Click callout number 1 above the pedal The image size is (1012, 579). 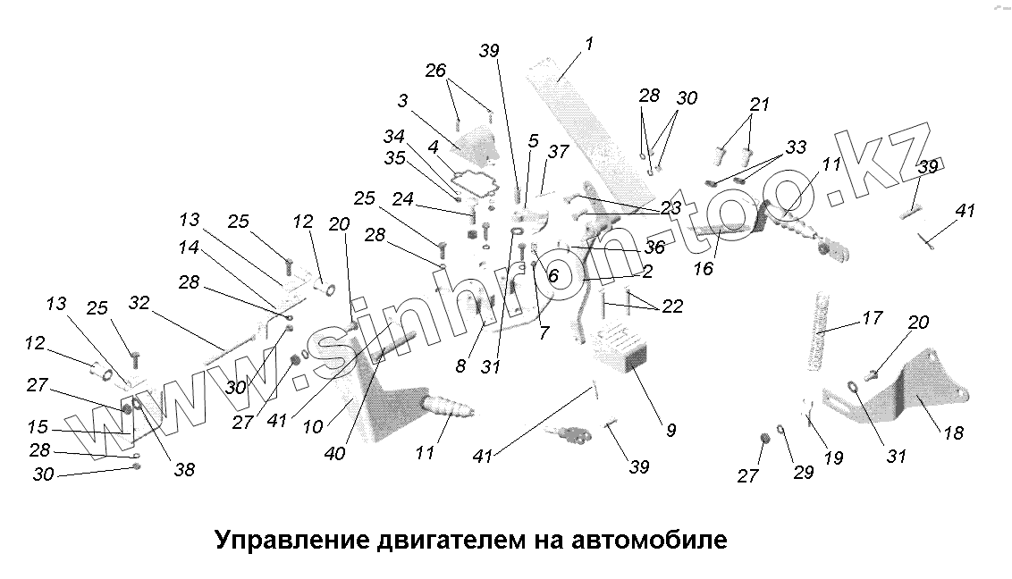point(589,44)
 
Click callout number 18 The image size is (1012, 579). point(954,432)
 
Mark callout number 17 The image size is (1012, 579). point(872,318)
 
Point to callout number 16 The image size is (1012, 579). point(704,268)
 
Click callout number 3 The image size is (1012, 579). point(402,102)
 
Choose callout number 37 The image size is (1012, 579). point(558,153)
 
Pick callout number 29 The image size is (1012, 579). point(803,473)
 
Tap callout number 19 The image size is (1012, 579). point(832,458)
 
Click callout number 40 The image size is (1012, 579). point(334,454)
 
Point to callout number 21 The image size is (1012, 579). point(759,105)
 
